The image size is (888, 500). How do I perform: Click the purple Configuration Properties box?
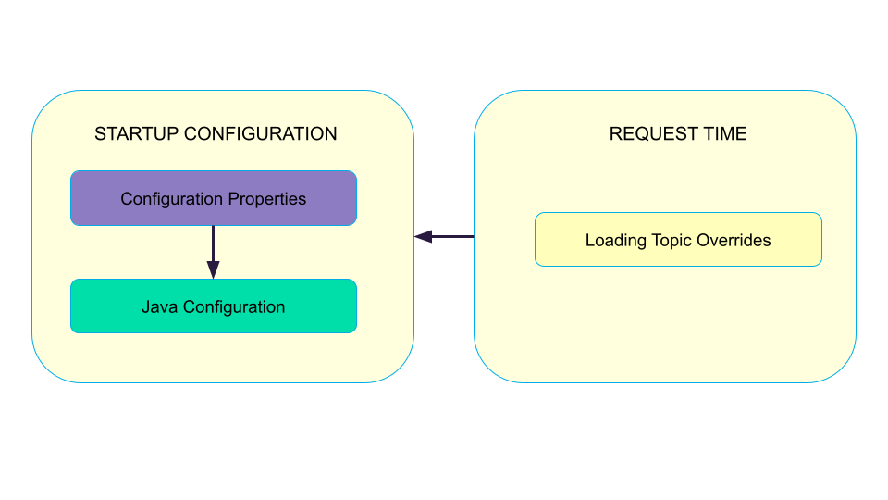213,198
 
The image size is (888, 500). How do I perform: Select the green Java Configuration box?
213,306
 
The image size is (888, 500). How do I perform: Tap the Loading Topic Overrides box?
678,240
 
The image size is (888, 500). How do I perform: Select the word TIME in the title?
724,133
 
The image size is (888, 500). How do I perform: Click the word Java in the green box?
159,306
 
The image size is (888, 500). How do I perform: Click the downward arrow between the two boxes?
213,248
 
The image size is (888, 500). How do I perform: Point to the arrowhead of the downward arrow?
213,270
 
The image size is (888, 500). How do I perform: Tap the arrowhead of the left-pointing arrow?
423,236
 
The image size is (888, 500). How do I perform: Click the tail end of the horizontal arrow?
473,236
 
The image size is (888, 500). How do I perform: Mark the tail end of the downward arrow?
213,228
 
